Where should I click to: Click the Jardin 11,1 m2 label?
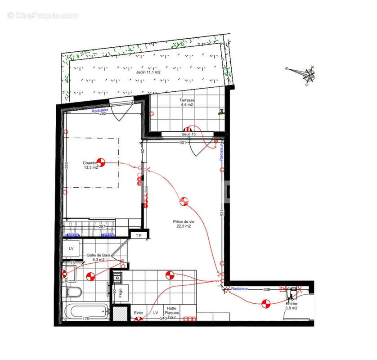pyautogui.click(x=148, y=72)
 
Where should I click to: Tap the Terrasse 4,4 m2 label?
pyautogui.click(x=187, y=103)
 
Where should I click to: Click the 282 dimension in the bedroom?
pyautogui.click(x=103, y=114)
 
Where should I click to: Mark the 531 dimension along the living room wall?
pyautogui.click(x=222, y=212)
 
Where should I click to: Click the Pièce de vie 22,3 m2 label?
pyautogui.click(x=184, y=224)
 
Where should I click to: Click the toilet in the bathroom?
pyautogui.click(x=74, y=292)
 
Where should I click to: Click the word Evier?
pyautogui.click(x=139, y=313)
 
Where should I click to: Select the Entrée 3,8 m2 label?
pyautogui.click(x=291, y=306)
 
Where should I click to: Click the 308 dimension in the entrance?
pyautogui.click(x=266, y=289)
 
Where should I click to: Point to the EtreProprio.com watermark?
pyautogui.click(x=43, y=15)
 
